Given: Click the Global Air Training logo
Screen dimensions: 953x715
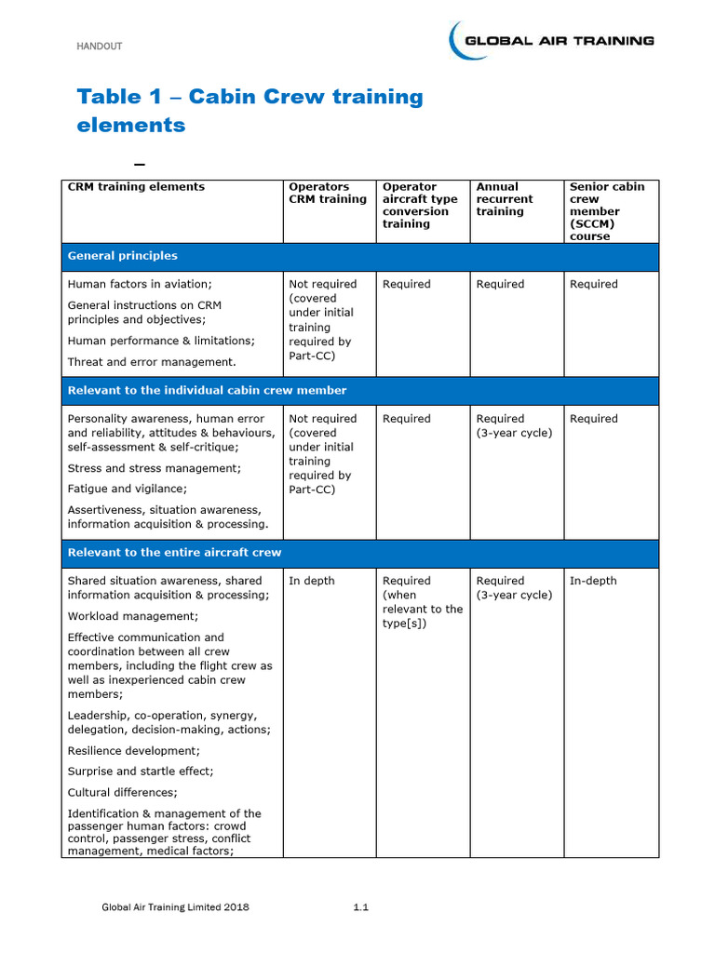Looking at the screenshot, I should tap(551, 41).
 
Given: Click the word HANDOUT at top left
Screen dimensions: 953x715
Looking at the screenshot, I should tap(99, 47).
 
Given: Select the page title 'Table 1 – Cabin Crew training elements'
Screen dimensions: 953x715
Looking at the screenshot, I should tap(250, 111).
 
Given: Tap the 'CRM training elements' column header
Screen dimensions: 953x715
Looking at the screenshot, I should tap(136, 187).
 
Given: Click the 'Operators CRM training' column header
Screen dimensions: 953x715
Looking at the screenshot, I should tap(328, 193).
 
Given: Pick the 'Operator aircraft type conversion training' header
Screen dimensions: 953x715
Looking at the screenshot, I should tap(420, 205).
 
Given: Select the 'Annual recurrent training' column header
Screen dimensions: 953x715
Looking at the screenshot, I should tap(505, 199).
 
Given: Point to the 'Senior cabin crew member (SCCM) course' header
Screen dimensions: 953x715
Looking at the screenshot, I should tap(606, 211).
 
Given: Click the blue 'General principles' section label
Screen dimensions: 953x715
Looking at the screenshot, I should tap(122, 256).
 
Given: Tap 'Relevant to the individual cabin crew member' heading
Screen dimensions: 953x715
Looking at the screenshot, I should tap(207, 391).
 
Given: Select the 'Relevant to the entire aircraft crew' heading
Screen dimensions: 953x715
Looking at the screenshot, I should tap(174, 553).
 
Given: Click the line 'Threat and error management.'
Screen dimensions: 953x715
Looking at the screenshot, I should tap(152, 362).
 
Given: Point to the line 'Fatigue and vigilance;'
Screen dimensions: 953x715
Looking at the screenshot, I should tap(128, 489).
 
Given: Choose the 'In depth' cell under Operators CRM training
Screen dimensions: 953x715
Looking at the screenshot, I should tap(312, 581).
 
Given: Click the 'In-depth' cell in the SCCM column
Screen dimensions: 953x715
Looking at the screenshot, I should tap(593, 581).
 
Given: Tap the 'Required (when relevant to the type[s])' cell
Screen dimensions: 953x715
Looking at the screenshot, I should tap(422, 602).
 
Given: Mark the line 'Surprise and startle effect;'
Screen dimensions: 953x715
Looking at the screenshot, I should tap(141, 772).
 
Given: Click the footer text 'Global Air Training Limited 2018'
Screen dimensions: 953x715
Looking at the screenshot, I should tap(175, 907).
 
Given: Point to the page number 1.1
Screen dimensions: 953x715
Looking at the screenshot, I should tap(361, 907).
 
